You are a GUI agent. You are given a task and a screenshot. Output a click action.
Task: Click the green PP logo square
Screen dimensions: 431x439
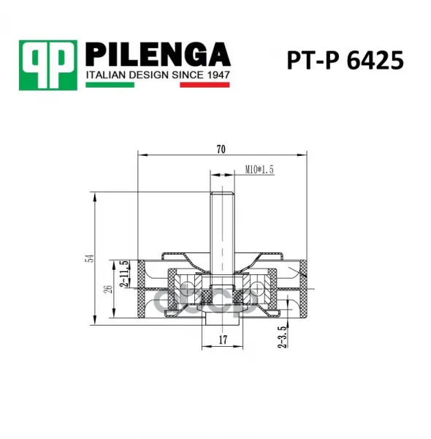point(48,65)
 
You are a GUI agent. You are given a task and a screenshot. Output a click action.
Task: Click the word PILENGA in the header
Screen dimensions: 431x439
point(158,54)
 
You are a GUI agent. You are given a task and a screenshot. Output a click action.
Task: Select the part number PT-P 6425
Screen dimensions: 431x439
point(346,60)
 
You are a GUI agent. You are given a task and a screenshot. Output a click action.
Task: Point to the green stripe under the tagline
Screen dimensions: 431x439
point(110,85)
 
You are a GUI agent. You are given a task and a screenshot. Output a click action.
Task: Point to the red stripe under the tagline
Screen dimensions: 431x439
point(205,85)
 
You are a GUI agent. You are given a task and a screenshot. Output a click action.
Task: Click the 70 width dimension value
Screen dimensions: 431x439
point(221,149)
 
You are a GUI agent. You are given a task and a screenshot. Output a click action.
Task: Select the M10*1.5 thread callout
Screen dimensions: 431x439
point(259,170)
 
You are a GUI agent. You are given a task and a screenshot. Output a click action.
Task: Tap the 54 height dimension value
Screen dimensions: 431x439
point(90,258)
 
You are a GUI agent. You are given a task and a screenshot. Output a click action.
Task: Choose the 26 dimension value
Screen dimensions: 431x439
point(108,289)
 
